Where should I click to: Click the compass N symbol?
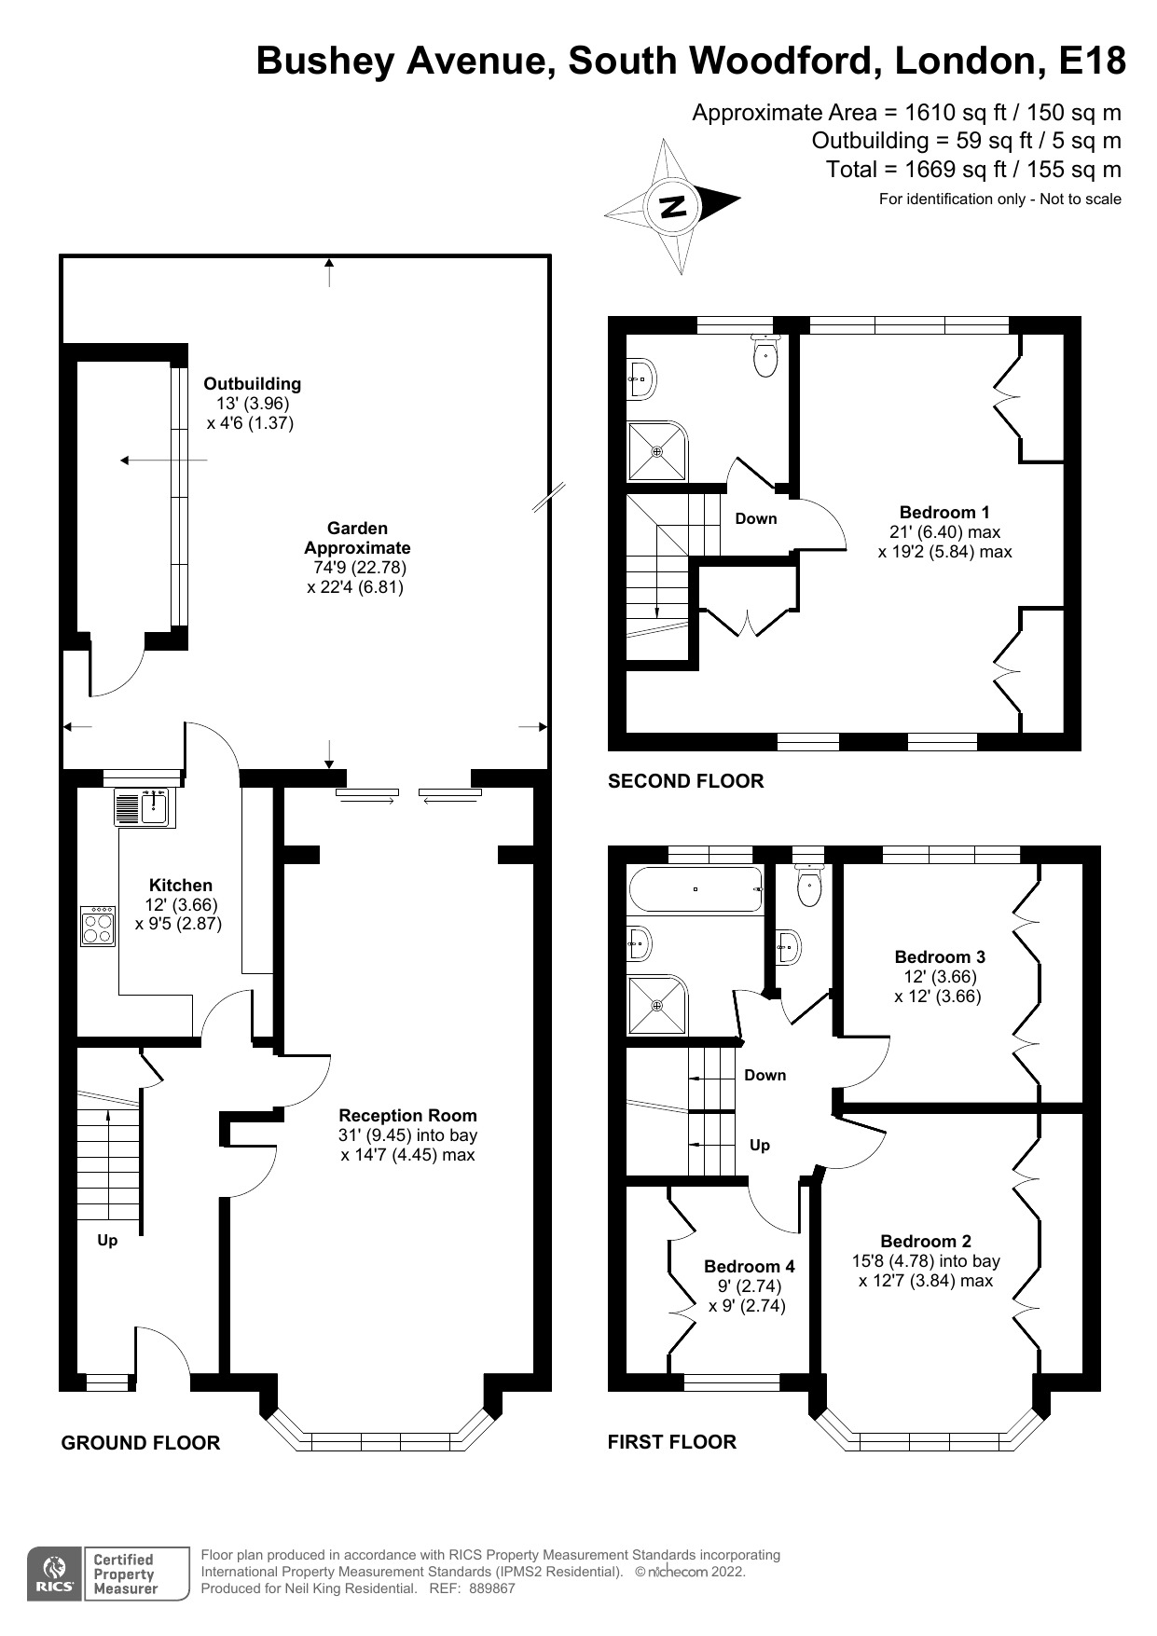point(672,206)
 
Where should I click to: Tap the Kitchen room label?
point(181,885)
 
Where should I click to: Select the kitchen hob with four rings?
point(98,926)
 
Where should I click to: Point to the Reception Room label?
point(407,1115)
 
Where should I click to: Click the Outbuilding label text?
point(252,383)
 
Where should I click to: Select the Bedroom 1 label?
point(944,512)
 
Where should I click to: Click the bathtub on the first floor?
point(696,889)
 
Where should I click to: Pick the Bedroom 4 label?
point(749,1266)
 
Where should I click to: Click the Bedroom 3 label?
point(939,956)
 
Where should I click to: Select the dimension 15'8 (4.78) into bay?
point(925,1261)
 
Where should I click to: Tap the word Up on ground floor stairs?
point(107,1240)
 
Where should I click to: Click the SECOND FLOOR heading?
point(685,781)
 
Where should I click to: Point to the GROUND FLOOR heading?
point(140,1443)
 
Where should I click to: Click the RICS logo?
point(53,1574)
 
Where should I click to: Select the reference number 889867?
point(491,1588)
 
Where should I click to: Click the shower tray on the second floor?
point(657,452)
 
